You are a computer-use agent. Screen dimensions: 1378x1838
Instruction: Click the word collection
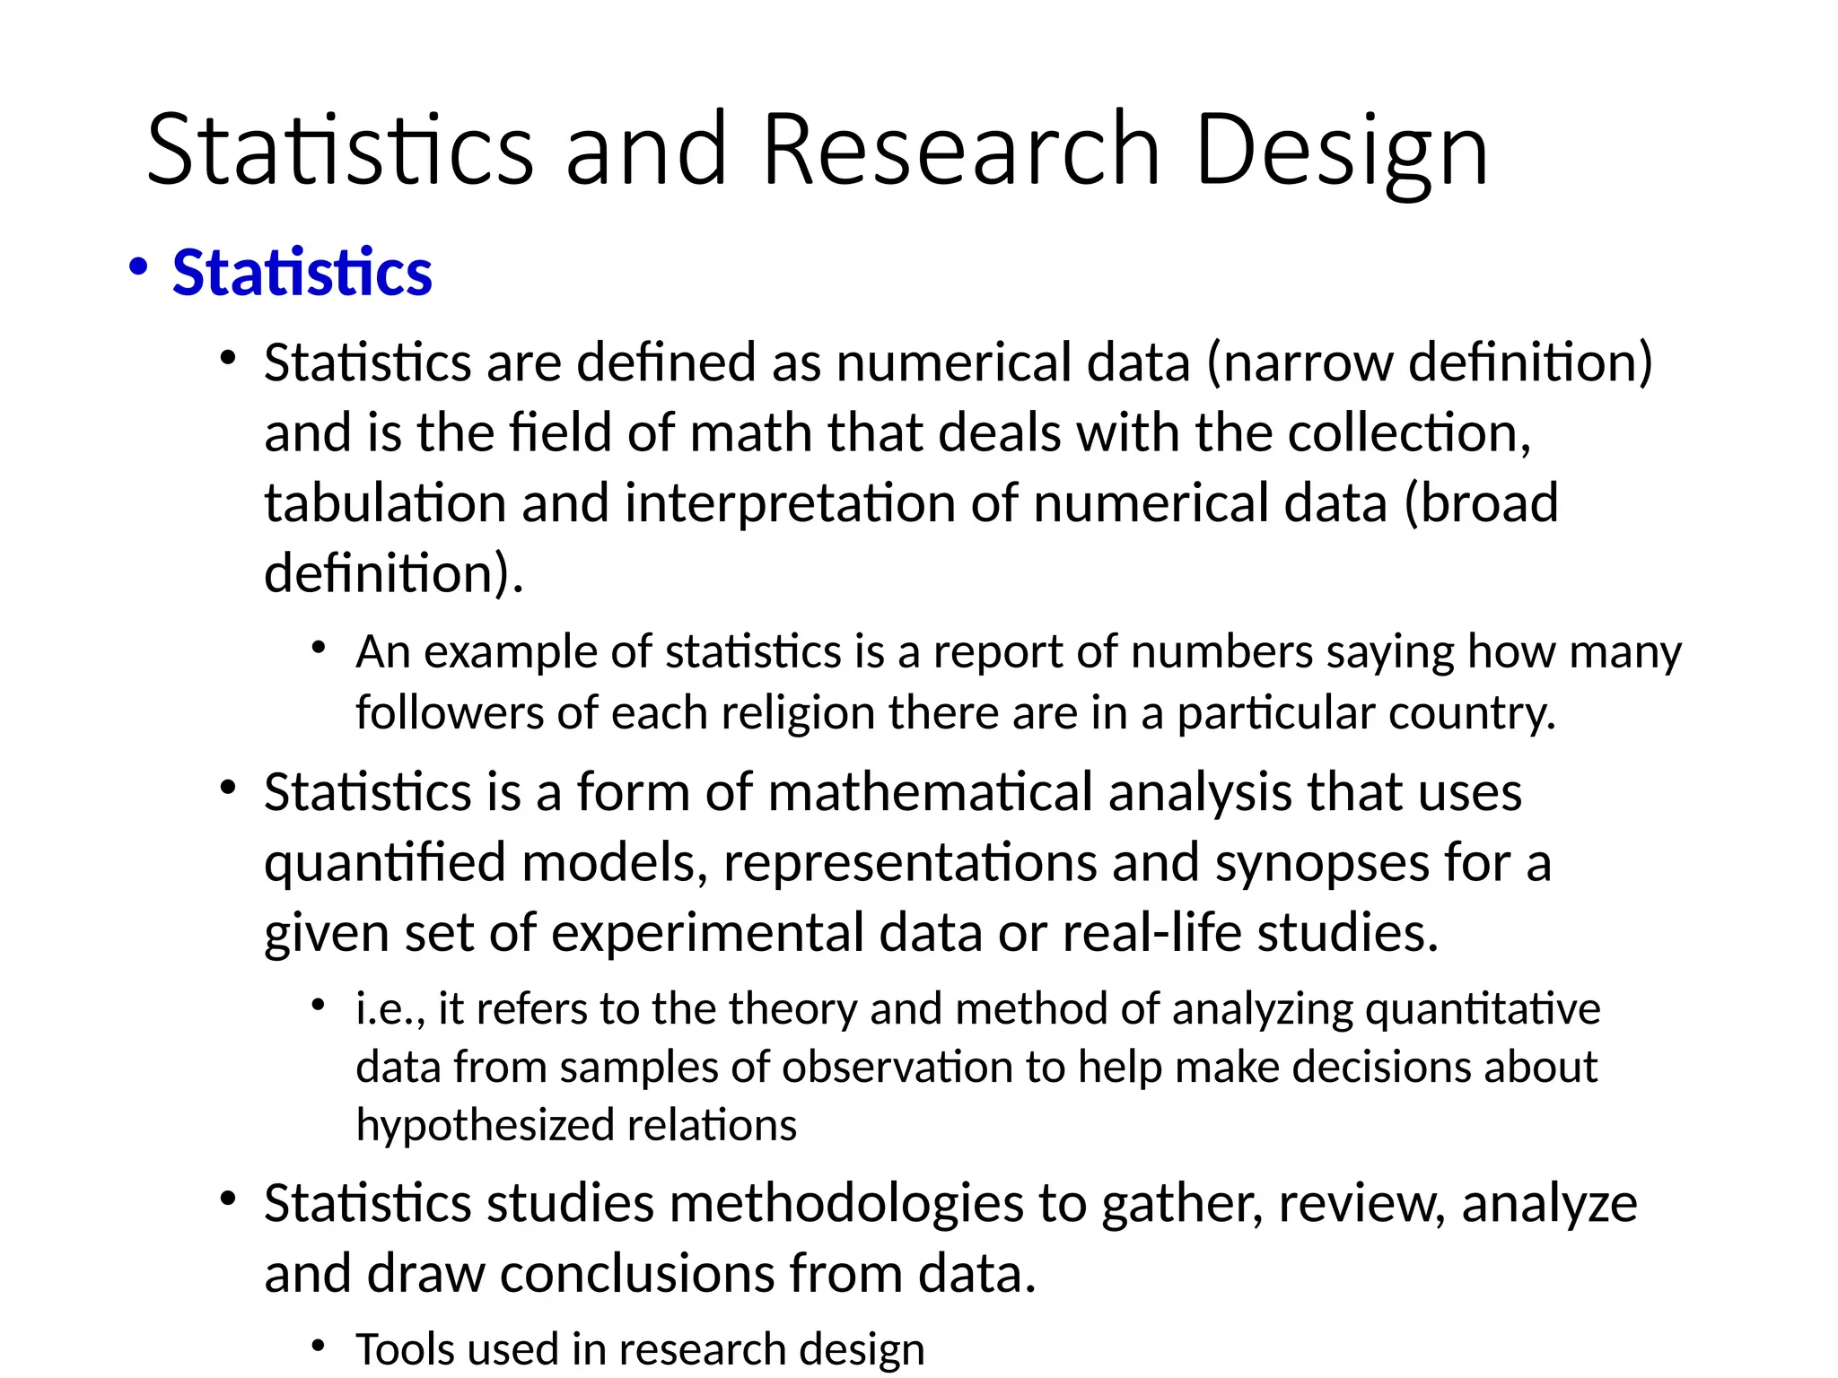(1408, 432)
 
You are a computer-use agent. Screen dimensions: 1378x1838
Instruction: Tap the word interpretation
(789, 502)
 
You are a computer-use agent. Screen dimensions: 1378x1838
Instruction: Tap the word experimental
(707, 932)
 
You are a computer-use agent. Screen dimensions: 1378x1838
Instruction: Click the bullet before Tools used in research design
(318, 1345)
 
